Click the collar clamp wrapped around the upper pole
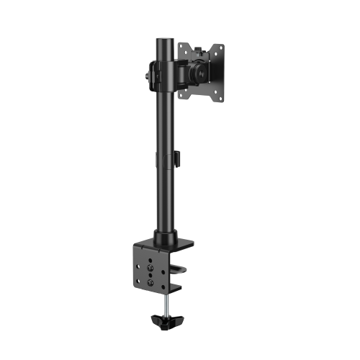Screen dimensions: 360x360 click(x=166, y=76)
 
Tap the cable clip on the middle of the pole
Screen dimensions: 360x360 click(x=174, y=161)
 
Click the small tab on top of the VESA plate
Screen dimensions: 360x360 click(x=199, y=41)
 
